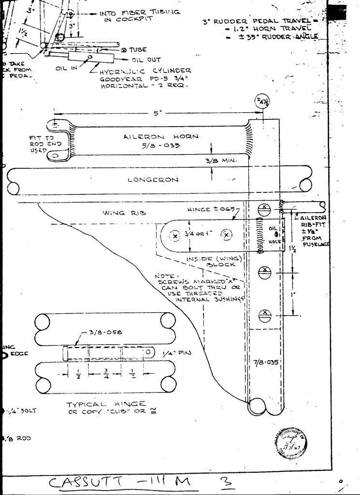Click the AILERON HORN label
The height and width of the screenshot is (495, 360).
pos(158,137)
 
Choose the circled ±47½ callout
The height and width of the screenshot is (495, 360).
pos(263,102)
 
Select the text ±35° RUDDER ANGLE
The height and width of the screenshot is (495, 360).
pos(275,36)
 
